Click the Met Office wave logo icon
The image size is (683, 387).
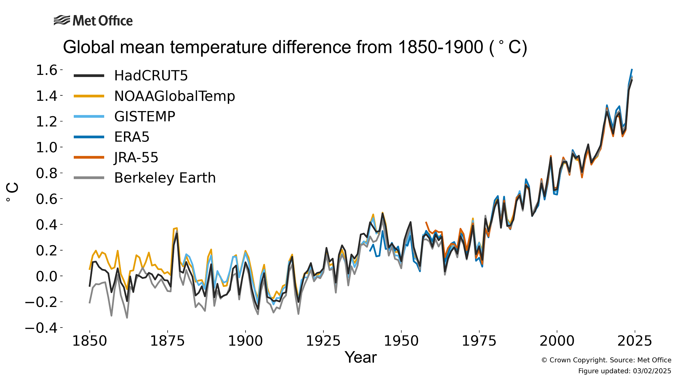coord(62,21)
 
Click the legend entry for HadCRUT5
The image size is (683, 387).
coord(151,76)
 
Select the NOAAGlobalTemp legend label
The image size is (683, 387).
coord(174,96)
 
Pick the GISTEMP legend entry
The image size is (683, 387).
coord(144,117)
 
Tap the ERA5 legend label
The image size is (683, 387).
coord(132,137)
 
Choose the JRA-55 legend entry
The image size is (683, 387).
coord(136,158)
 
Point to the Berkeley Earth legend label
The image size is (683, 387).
coord(165,178)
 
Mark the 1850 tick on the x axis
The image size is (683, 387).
coord(89,341)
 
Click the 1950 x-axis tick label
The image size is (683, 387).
coord(401,341)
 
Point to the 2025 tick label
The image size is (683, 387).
coord(635,341)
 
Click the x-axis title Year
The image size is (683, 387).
coord(361,357)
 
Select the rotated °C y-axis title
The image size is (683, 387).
coord(12,192)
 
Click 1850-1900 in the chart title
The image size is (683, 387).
coord(440,47)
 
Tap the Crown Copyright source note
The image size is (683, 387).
coord(606,360)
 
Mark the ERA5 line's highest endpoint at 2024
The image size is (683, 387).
coord(632,69)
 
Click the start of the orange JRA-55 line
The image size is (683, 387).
coord(426,222)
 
